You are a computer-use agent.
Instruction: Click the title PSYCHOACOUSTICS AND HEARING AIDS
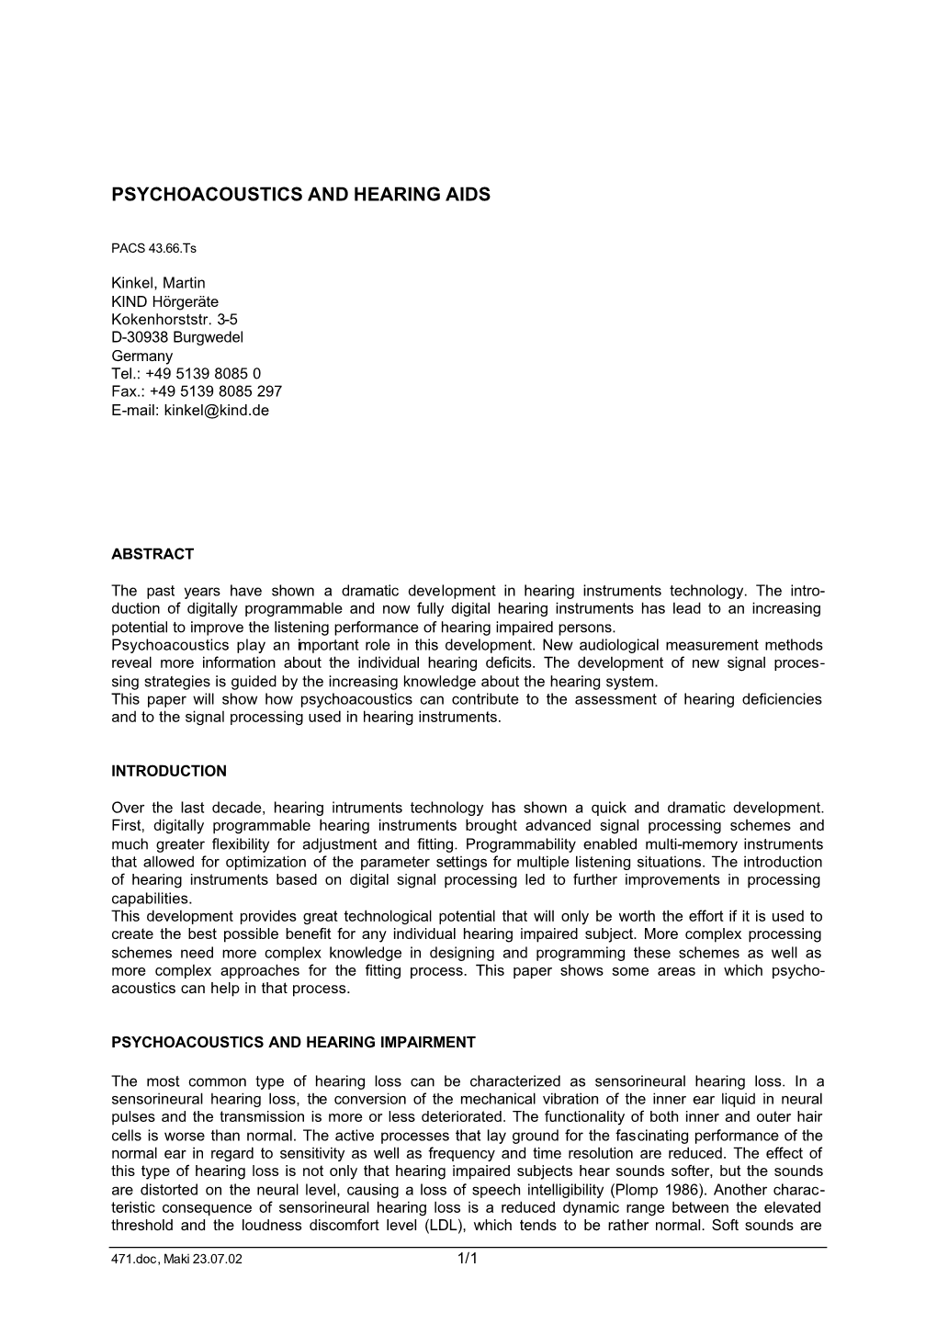300,195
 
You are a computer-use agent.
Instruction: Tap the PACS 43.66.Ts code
154,249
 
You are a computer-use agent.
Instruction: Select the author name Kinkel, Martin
158,283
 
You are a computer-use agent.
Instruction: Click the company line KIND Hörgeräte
164,301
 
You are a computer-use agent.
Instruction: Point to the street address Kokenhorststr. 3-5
175,319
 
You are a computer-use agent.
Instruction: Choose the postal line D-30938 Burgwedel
176,337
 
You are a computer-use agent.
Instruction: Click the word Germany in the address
141,356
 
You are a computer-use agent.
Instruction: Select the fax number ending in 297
216,391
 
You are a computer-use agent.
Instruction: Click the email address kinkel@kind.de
217,410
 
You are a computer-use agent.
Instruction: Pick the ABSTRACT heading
152,554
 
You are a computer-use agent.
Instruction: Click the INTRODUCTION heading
168,771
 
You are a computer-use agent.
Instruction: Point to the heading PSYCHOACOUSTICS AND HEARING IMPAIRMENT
293,1043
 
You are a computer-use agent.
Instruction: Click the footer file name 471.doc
131,1261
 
